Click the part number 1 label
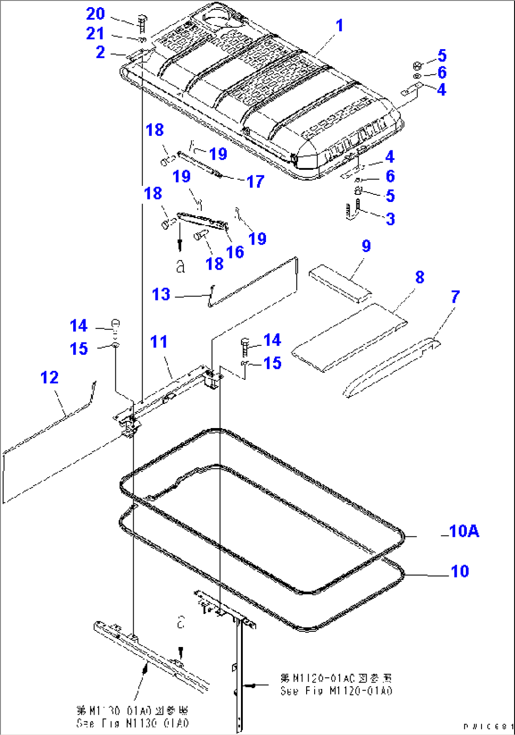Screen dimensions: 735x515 pyautogui.click(x=339, y=26)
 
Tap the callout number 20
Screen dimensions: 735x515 pyautogui.click(x=95, y=14)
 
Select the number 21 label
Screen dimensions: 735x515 pyautogui.click(x=95, y=34)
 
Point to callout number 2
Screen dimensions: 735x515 pyautogui.click(x=100, y=52)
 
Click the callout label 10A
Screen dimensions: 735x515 pyautogui.click(x=464, y=531)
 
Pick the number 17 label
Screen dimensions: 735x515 pyautogui.click(x=255, y=182)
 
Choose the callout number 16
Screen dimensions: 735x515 pyautogui.click(x=235, y=252)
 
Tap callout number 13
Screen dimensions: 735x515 pyautogui.click(x=161, y=294)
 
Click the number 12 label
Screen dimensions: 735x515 pyautogui.click(x=50, y=377)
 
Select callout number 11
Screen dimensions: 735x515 pyautogui.click(x=159, y=341)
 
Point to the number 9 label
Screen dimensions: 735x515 pyautogui.click(x=366, y=246)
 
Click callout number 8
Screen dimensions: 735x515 pyautogui.click(x=420, y=277)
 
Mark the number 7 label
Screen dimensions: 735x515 pyautogui.click(x=455, y=297)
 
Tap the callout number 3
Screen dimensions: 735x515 pyautogui.click(x=390, y=219)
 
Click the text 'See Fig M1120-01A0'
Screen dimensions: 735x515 pyautogui.click(x=336, y=691)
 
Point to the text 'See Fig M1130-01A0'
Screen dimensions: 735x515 pyautogui.click(x=133, y=723)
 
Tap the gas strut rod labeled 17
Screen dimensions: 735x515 pyautogui.click(x=198, y=163)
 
